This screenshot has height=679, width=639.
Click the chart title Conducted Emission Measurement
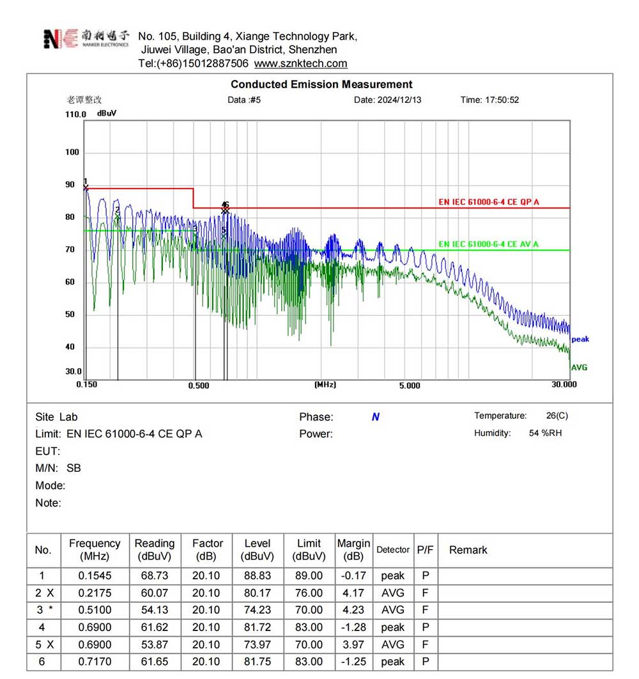pos(321,84)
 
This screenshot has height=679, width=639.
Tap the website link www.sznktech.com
pos(300,63)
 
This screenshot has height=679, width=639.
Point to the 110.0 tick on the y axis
pos(75,114)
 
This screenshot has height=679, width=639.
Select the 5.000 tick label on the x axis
pos(410,386)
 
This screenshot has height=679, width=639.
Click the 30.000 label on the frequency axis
pos(564,384)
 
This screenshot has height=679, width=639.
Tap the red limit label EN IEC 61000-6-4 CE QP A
pos(489,202)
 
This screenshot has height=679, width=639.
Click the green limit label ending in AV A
pos(488,244)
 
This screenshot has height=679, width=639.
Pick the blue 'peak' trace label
pos(580,339)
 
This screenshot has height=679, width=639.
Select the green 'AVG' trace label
pos(579,368)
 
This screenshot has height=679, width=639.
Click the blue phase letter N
pos(376,417)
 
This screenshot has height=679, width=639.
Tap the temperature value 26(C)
pos(557,416)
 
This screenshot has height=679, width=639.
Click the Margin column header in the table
pos(353,550)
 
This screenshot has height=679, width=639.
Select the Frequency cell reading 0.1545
pos(95,576)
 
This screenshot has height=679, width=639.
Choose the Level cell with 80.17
pos(258,593)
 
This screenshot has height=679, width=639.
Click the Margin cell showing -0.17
pos(353,576)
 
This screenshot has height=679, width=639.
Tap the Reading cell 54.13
pos(155,610)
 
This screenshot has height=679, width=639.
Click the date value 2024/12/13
pos(400,100)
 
